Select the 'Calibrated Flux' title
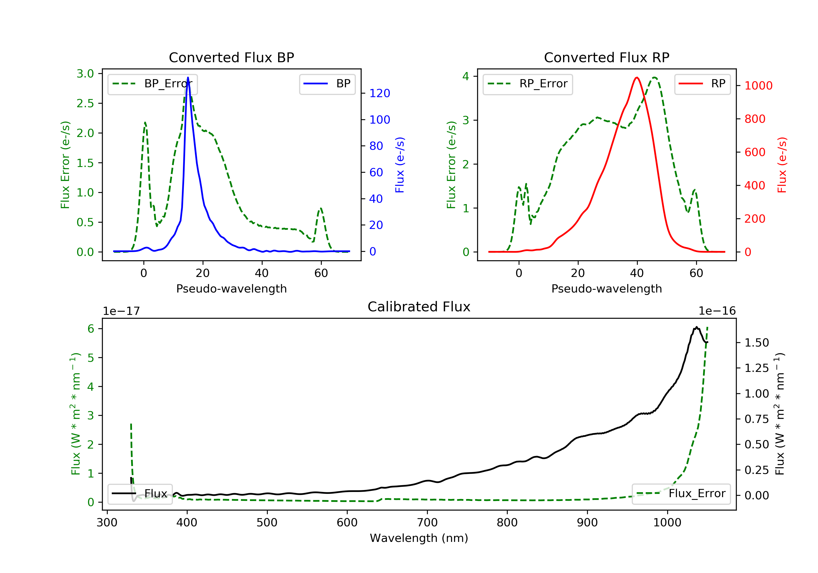(x=419, y=307)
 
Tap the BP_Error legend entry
(x=152, y=84)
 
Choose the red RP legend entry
(x=702, y=84)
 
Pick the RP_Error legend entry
(x=528, y=84)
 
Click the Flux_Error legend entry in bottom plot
(x=681, y=494)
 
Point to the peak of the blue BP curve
(x=188, y=77)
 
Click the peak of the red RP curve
(x=637, y=77)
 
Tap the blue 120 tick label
(x=380, y=93)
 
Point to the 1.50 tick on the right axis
(x=757, y=343)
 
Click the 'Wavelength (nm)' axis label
(x=419, y=538)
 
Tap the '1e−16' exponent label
(x=717, y=311)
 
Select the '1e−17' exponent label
(x=122, y=311)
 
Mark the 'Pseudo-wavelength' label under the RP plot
(x=606, y=288)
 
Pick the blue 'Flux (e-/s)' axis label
(x=400, y=165)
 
